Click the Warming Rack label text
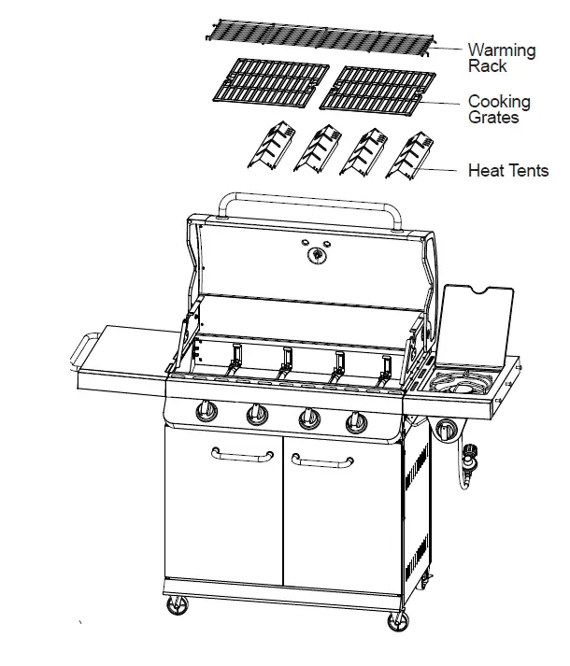point(501,58)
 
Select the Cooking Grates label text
point(499,108)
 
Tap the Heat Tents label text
point(507,171)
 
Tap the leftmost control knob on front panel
point(205,412)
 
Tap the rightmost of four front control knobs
point(356,422)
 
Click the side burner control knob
point(447,430)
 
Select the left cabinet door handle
point(242,454)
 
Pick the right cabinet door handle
point(322,460)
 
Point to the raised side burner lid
point(476,321)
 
